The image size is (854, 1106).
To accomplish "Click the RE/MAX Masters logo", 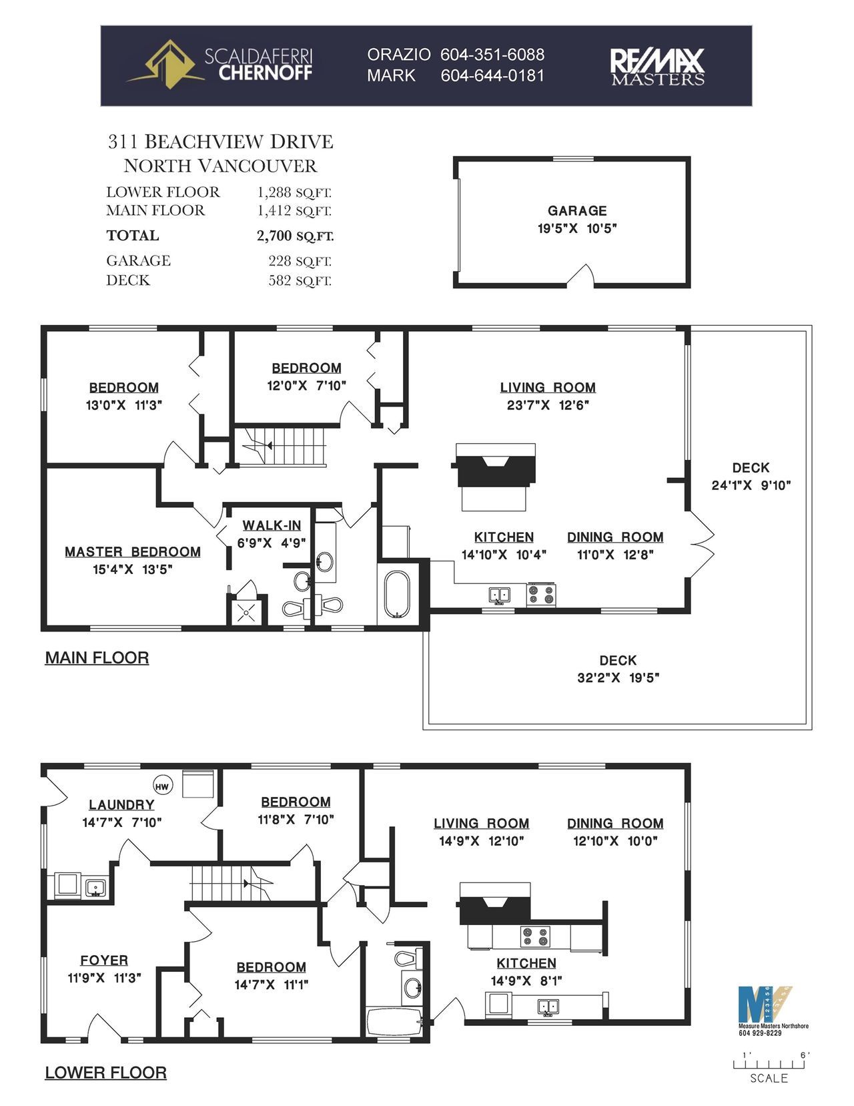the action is pyautogui.click(x=657, y=66).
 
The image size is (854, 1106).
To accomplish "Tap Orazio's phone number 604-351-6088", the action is pyautogui.click(x=492, y=55).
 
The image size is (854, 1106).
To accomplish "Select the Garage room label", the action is pyautogui.click(x=577, y=211).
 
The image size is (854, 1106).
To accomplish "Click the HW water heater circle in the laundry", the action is pyautogui.click(x=161, y=786).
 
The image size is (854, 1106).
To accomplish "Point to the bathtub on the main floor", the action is pyautogui.click(x=397, y=595).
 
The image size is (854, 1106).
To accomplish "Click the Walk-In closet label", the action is pyautogui.click(x=272, y=525).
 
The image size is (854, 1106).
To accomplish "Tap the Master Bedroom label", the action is pyautogui.click(x=133, y=552).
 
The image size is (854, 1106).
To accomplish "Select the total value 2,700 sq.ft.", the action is pyautogui.click(x=295, y=236).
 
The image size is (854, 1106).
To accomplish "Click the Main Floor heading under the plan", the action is pyautogui.click(x=97, y=657).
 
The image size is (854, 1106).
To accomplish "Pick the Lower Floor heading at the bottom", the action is pyautogui.click(x=106, y=1073).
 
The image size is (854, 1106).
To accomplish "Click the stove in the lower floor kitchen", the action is pyautogui.click(x=535, y=936).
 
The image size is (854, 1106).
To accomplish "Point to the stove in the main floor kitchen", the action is pyautogui.click(x=541, y=595).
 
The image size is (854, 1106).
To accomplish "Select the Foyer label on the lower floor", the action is pyautogui.click(x=104, y=960).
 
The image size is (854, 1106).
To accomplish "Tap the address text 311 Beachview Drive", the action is pyautogui.click(x=220, y=142).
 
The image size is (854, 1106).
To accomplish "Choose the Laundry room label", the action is pyautogui.click(x=121, y=805).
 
